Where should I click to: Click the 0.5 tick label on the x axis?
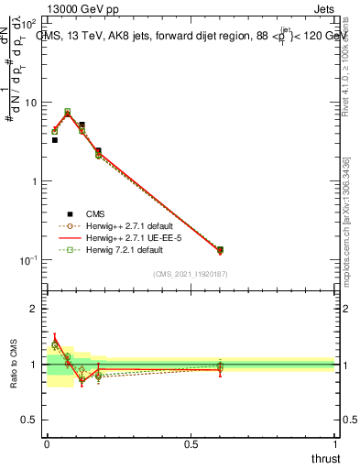(190, 445)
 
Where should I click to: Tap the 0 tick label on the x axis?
(47, 445)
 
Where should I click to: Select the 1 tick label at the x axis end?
(334, 445)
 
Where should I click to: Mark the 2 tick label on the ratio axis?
(35, 309)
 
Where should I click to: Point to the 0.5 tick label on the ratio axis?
(30, 420)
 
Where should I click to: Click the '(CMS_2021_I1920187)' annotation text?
(191, 274)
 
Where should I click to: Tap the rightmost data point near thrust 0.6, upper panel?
(220, 249)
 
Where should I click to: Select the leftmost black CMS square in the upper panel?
(55, 140)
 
